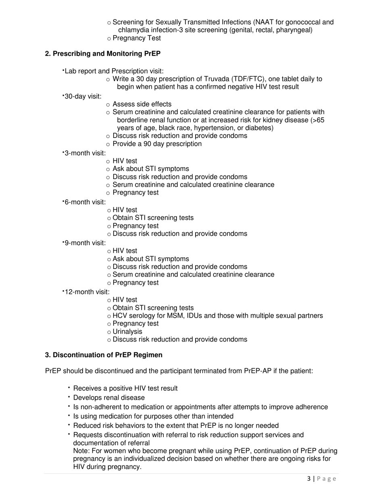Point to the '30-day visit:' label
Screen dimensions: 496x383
(83, 96)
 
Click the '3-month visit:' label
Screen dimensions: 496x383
(85, 153)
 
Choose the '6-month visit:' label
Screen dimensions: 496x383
(85, 202)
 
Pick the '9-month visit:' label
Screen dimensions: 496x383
(85, 243)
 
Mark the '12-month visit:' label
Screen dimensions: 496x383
(87, 292)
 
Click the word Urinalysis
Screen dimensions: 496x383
(127, 331)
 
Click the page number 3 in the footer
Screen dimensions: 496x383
(309, 479)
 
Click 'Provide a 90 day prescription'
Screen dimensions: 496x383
(157, 144)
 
